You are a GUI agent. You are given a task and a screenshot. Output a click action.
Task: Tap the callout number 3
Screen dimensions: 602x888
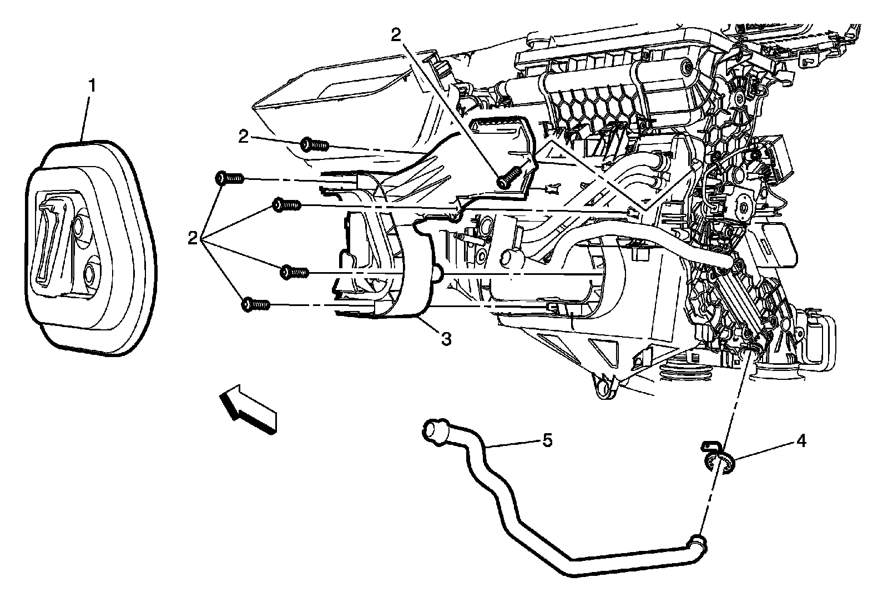(446, 339)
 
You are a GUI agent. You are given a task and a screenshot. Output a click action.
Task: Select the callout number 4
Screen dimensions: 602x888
(800, 442)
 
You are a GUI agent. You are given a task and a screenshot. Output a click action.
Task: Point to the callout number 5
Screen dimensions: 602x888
(547, 441)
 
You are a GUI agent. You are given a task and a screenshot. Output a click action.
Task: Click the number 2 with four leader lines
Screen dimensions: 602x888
(193, 239)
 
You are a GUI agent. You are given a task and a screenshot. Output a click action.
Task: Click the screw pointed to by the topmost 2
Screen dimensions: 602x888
(508, 178)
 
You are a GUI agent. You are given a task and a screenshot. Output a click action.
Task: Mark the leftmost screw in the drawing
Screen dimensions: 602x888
(228, 178)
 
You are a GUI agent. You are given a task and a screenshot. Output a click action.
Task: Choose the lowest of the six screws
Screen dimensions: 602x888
(256, 304)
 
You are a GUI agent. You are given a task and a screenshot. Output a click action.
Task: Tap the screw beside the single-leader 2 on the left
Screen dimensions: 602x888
(314, 146)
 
